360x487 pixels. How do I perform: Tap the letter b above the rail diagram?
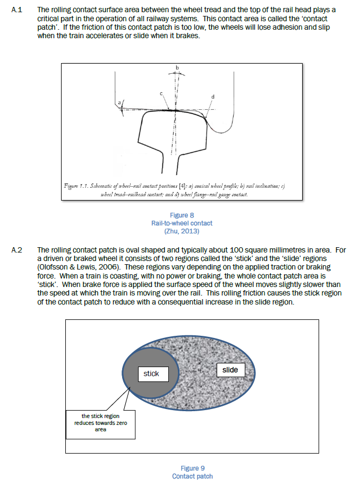(177, 67)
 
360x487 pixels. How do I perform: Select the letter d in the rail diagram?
(213, 97)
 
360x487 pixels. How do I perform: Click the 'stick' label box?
(151, 373)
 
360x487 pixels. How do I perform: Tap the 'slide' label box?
(230, 370)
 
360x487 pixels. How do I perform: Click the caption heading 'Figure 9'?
(192, 468)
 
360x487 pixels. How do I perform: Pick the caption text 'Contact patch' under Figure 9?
(192, 476)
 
